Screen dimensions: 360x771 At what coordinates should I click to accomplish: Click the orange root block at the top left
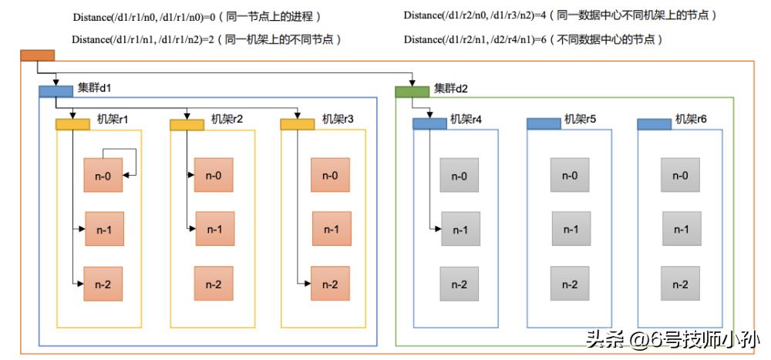[37, 55]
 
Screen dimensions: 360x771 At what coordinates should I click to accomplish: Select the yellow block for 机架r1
[73, 124]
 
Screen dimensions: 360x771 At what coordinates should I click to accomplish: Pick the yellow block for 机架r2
[187, 124]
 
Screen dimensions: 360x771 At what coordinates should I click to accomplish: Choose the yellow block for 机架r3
[298, 124]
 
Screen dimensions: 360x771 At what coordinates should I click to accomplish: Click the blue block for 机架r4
[429, 123]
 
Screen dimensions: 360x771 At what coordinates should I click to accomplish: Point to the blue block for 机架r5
[543, 123]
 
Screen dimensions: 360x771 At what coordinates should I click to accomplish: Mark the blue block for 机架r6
[654, 123]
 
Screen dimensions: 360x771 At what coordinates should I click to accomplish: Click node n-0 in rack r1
[103, 175]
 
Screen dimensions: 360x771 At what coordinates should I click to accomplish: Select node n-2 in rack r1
[103, 284]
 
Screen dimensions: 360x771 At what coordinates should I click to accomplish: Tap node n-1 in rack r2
[214, 228]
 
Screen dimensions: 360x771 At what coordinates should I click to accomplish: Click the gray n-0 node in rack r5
[570, 175]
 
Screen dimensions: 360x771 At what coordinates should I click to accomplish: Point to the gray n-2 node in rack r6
[680, 284]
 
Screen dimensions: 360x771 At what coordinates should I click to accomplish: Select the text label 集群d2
[451, 89]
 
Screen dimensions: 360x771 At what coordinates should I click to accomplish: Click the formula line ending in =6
[533, 39]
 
